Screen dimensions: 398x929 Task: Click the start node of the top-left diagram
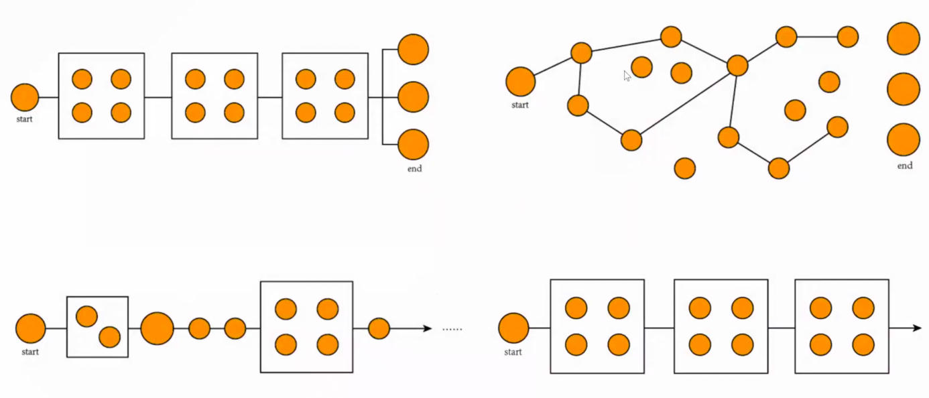pyautogui.click(x=25, y=98)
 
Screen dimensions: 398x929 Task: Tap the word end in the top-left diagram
pyautogui.click(x=415, y=169)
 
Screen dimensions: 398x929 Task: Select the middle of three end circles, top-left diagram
pyautogui.click(x=413, y=97)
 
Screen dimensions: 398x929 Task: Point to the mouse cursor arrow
pyautogui.click(x=627, y=76)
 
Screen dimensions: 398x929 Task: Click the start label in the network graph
pyautogui.click(x=520, y=105)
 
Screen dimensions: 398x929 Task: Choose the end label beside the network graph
pyautogui.click(x=905, y=165)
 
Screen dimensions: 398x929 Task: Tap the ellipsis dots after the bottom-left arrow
pyautogui.click(x=452, y=329)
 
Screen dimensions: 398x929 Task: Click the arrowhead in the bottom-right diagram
pyautogui.click(x=916, y=328)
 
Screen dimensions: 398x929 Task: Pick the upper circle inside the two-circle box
pyautogui.click(x=86, y=316)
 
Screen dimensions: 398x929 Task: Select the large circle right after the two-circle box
pyautogui.click(x=158, y=328)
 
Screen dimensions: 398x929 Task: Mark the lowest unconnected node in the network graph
pyautogui.click(x=684, y=168)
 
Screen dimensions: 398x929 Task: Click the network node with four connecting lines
pyautogui.click(x=737, y=65)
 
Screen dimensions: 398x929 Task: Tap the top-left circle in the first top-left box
pyautogui.click(x=82, y=79)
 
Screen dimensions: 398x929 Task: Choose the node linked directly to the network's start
pyautogui.click(x=581, y=53)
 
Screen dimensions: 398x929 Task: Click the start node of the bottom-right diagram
pyautogui.click(x=513, y=328)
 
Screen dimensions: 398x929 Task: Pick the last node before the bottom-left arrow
pyautogui.click(x=379, y=328)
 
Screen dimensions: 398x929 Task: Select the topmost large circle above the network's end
pyautogui.click(x=904, y=38)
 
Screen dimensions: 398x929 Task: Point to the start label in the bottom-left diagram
pyautogui.click(x=30, y=352)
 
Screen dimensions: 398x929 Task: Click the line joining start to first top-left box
pyautogui.click(x=48, y=98)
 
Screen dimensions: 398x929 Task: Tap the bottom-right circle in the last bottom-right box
pyautogui.click(x=863, y=344)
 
